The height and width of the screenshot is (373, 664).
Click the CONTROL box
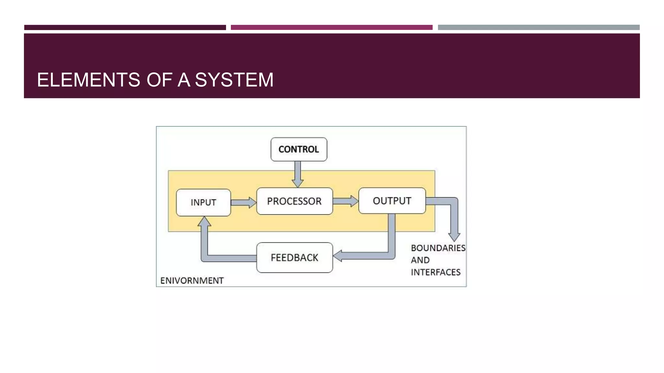click(x=299, y=149)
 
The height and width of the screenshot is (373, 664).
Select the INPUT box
click(x=203, y=202)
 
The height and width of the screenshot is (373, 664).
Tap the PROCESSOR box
click(x=294, y=201)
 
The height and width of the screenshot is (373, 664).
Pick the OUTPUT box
click(x=392, y=201)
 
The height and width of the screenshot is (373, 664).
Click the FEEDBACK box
click(x=294, y=257)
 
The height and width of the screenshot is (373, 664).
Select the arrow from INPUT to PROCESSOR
click(x=243, y=202)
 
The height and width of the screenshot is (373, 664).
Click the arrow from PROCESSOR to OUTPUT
click(x=346, y=201)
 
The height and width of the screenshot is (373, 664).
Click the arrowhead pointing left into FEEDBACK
click(x=338, y=256)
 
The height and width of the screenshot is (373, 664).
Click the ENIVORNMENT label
click(x=192, y=280)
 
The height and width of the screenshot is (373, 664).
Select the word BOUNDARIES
click(x=438, y=248)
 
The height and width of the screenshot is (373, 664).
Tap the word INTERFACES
click(x=435, y=272)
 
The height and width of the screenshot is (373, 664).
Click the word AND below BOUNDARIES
click(x=420, y=260)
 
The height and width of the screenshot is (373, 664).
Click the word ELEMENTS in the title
click(x=88, y=80)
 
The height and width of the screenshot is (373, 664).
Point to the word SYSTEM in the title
click(x=234, y=80)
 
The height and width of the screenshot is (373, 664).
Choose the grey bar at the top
click(x=539, y=28)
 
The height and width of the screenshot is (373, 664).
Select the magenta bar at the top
click(x=331, y=28)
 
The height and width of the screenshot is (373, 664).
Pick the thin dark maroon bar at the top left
click(x=125, y=28)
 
